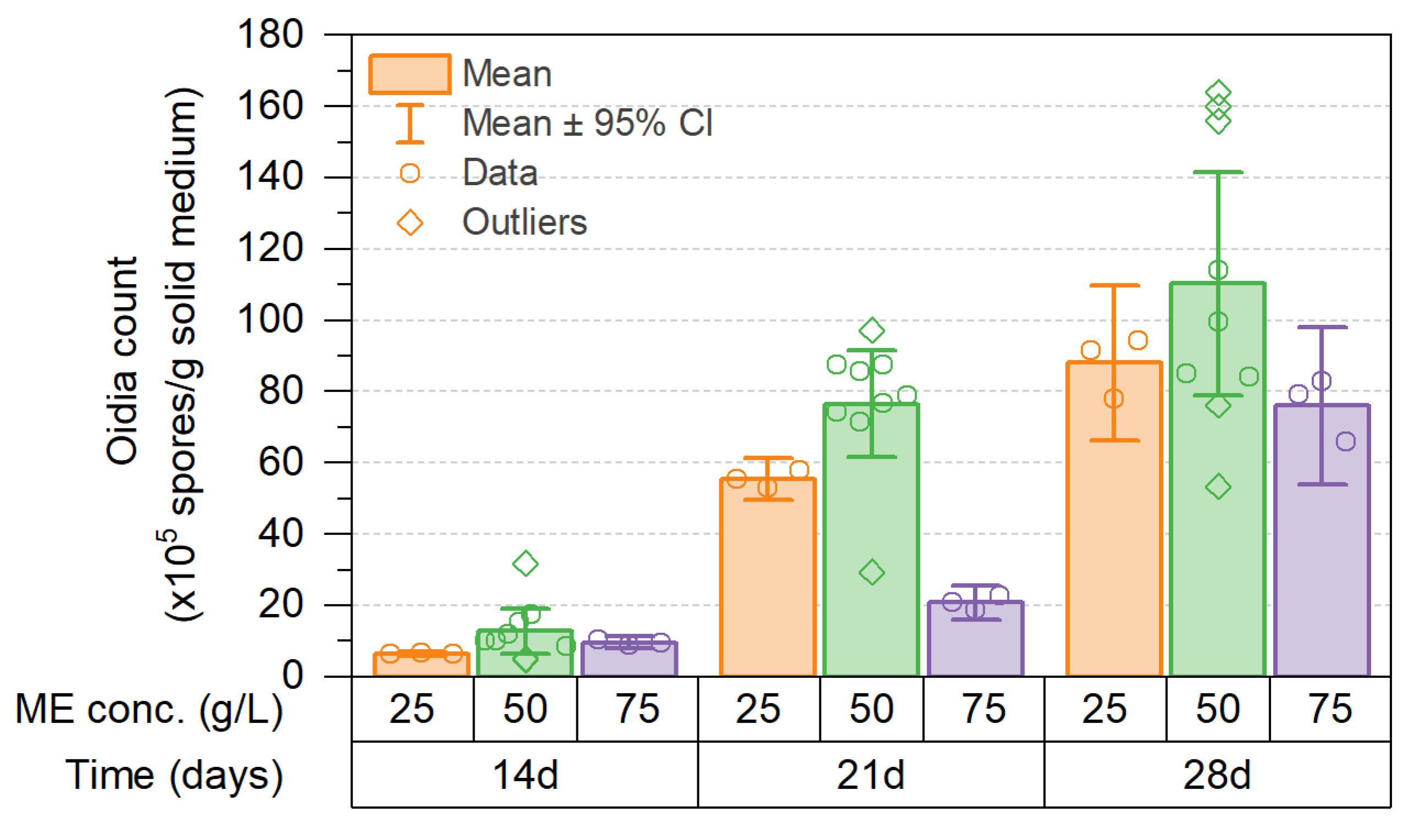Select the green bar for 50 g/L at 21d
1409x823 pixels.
tap(872, 539)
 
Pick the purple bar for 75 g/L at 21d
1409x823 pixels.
tap(976, 638)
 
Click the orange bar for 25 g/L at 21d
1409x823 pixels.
tap(768, 578)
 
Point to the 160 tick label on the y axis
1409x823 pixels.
tap(270, 106)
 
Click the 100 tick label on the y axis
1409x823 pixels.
tap(270, 320)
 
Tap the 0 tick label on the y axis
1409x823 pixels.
tap(293, 676)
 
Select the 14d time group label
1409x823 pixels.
tap(525, 776)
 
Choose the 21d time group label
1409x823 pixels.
tap(871, 776)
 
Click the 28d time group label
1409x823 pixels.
tap(1217, 776)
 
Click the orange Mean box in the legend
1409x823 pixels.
tap(410, 74)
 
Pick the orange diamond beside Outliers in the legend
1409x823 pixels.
tap(410, 223)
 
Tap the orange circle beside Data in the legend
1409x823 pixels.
tap(410, 173)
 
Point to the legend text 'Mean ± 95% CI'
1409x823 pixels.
tap(588, 123)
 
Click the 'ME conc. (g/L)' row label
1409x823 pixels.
tap(149, 710)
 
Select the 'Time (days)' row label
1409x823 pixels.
tap(174, 776)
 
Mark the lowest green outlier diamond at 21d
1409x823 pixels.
tap(872, 572)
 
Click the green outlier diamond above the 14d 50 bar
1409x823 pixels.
tap(525, 563)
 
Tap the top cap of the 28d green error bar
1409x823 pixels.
tap(1218, 172)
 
